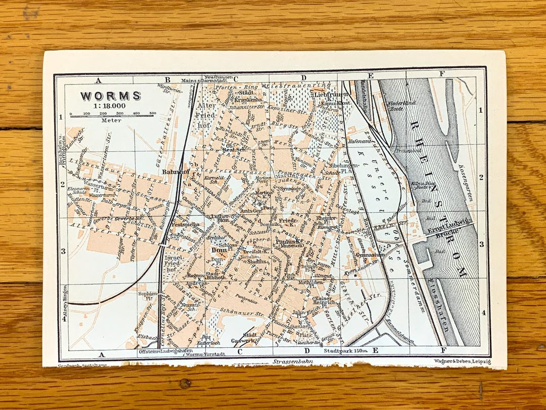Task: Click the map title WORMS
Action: coord(111,96)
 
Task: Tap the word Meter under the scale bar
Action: coord(108,120)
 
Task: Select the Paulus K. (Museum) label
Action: coord(289,244)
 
